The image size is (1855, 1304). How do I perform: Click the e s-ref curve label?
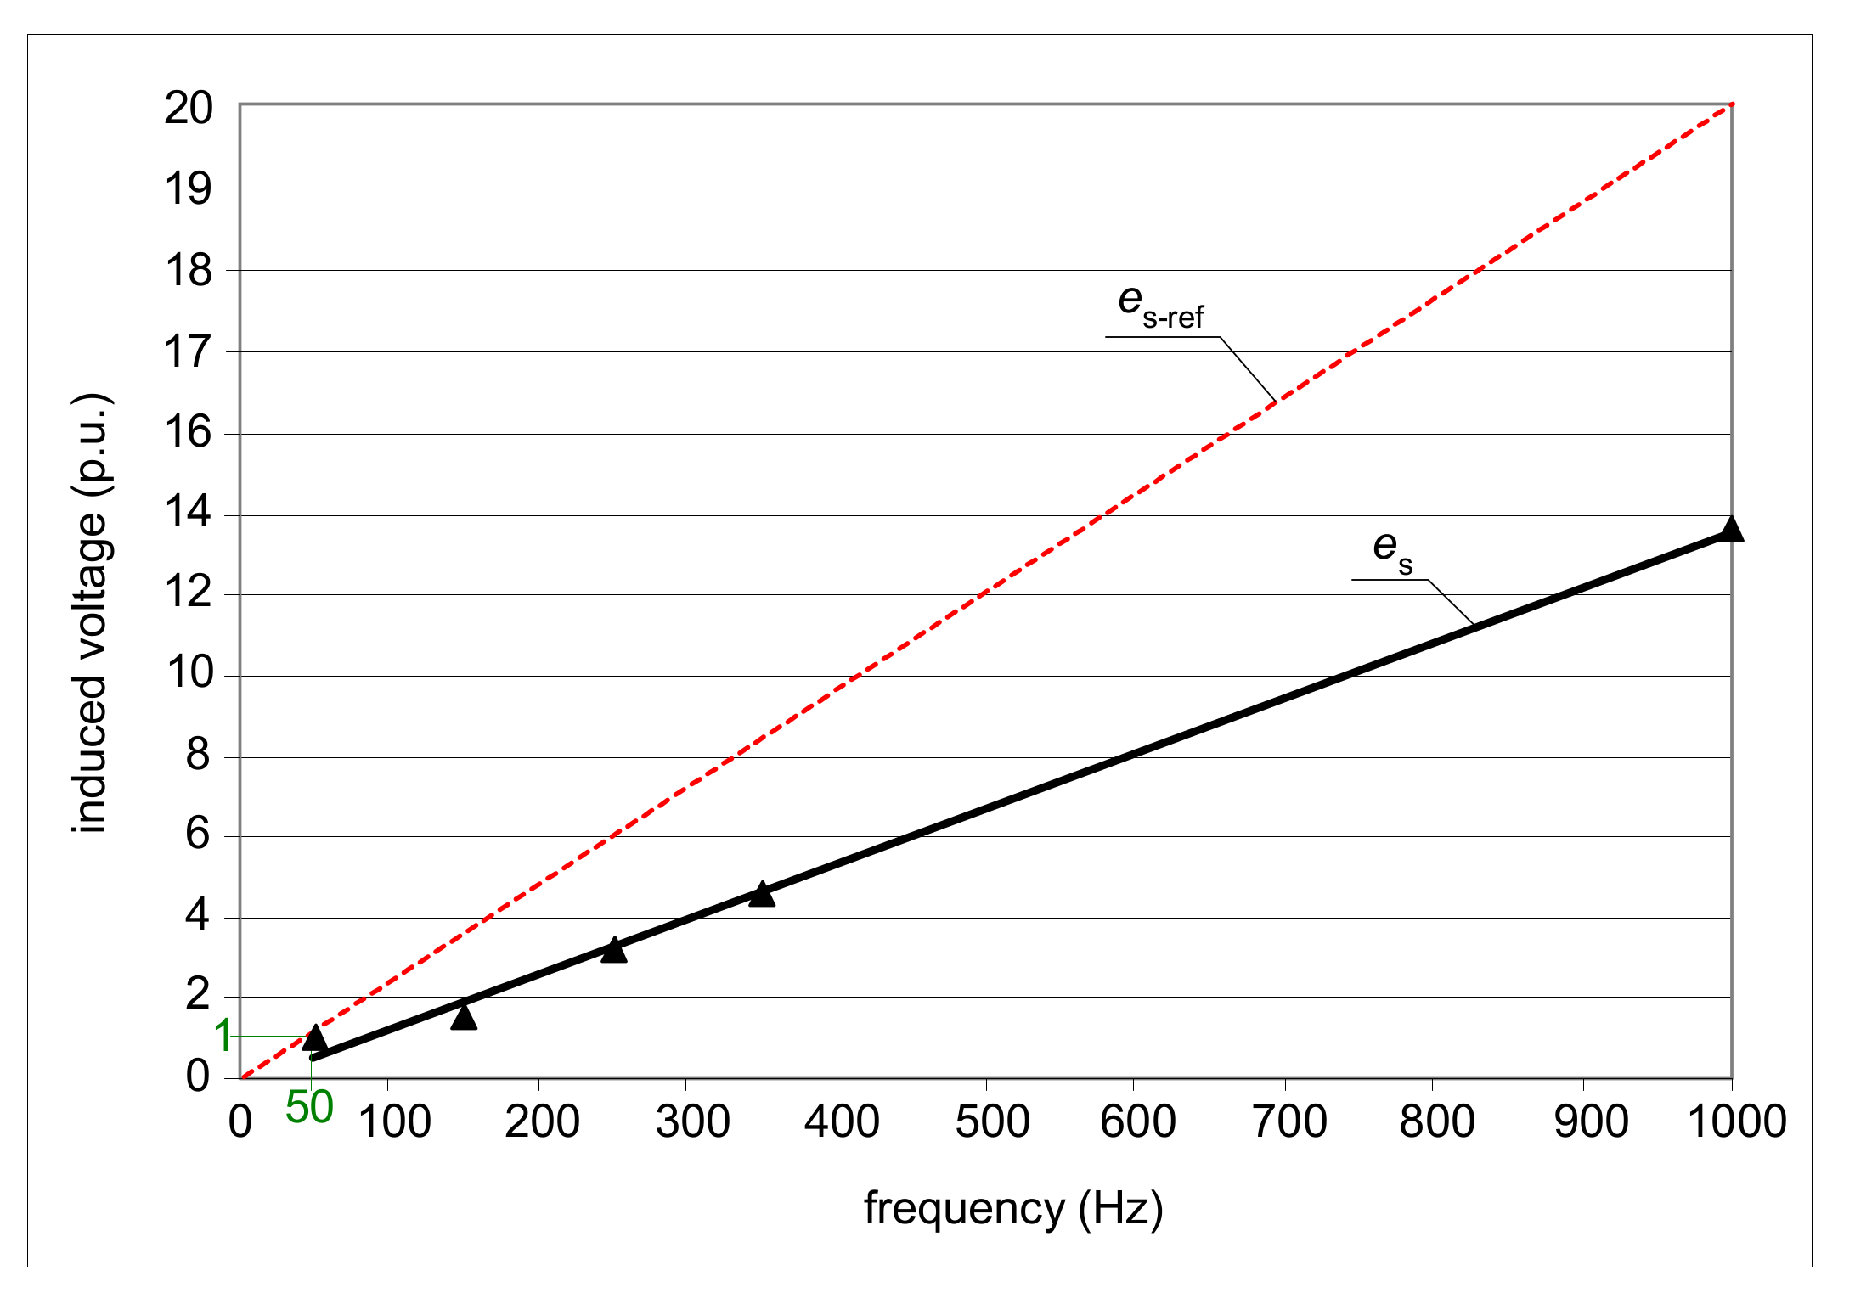(1160, 306)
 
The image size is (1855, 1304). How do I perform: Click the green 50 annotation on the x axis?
(309, 1108)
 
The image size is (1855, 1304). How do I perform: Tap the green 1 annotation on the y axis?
(223, 1036)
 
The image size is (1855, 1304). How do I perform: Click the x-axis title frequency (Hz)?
(1012, 1208)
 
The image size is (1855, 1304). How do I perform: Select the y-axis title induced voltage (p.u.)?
(92, 613)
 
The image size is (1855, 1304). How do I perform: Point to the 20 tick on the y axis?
(189, 109)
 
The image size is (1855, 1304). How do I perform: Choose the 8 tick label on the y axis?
(197, 755)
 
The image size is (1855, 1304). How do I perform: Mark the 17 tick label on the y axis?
(189, 352)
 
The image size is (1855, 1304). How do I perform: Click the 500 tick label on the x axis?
(992, 1121)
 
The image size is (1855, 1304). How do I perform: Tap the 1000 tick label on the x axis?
(1737, 1121)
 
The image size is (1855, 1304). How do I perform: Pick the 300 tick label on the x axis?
(692, 1121)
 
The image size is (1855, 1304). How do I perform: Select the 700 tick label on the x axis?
(1289, 1121)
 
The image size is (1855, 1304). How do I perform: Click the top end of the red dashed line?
(1730, 105)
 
